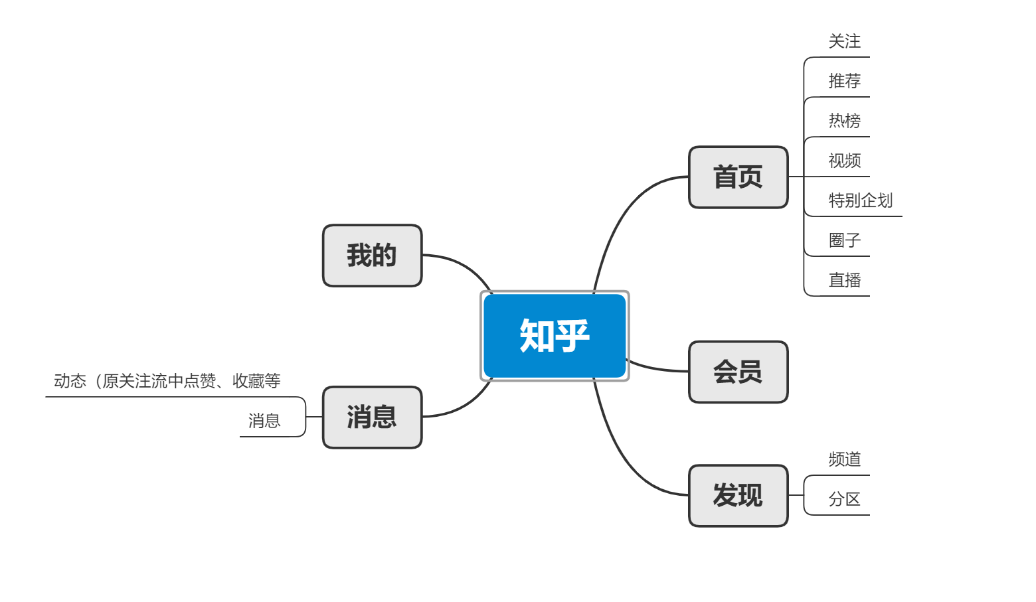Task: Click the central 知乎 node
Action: coord(555,336)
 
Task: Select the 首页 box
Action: coord(738,177)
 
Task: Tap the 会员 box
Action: coord(738,372)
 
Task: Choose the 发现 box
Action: coord(738,496)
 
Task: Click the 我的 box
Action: coord(372,256)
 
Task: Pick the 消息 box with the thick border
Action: coord(372,417)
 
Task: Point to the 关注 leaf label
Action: coord(844,42)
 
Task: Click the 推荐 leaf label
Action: coord(844,82)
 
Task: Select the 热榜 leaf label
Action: coord(844,121)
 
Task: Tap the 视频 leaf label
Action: coord(844,161)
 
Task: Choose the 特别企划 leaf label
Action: coord(860,201)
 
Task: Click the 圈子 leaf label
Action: coord(844,241)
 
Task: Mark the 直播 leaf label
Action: coord(844,281)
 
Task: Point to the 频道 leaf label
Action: coord(844,460)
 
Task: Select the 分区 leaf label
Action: coord(844,500)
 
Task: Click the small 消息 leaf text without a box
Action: coord(264,421)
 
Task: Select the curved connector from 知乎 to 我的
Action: coord(465,265)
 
